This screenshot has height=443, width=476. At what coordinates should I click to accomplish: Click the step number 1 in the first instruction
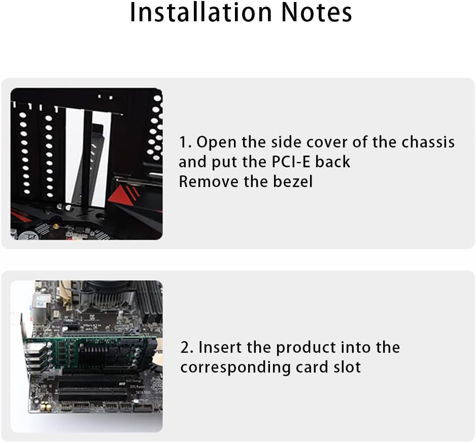[183, 142]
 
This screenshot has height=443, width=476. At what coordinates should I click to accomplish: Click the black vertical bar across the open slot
[86, 152]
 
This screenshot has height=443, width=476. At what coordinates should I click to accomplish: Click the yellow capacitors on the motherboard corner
[44, 407]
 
